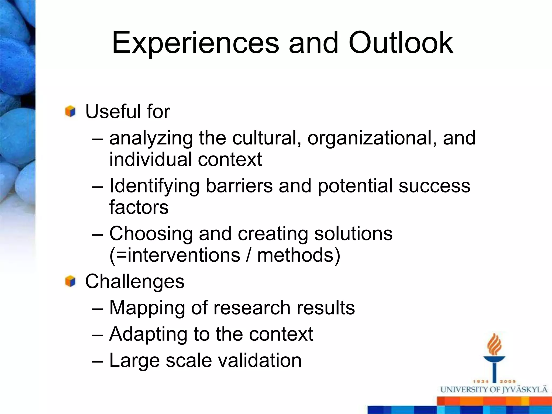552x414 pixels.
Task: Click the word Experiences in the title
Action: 195,43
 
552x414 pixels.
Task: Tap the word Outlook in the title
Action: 401,43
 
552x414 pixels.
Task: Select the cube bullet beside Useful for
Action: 70,111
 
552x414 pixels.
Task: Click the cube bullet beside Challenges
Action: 70,281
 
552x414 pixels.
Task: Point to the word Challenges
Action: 135,281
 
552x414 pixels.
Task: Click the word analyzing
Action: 151,138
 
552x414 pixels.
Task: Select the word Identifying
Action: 154,186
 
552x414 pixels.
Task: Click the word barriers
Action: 239,186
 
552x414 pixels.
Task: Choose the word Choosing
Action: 151,234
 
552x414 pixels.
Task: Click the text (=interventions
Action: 175,255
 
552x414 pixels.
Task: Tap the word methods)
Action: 299,255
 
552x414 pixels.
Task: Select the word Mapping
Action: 147,308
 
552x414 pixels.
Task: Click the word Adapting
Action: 148,334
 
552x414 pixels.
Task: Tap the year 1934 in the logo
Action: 481,381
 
